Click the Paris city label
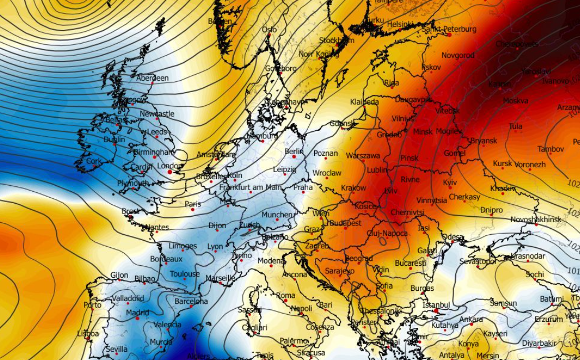pyautogui.click(x=193, y=204)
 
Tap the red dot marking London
pyautogui.click(x=169, y=172)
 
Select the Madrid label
pyautogui.click(x=137, y=313)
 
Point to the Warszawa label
pyautogui.click(x=363, y=156)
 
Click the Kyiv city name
pyautogui.click(x=450, y=182)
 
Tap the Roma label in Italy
pyautogui.click(x=285, y=296)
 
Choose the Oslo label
pyautogui.click(x=269, y=30)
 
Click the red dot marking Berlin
pyautogui.click(x=294, y=157)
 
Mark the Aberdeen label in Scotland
pyautogui.click(x=152, y=78)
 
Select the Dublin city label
pyautogui.click(x=114, y=139)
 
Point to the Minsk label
pyautogui.click(x=423, y=132)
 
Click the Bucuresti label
pyautogui.click(x=411, y=263)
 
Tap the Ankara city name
pyautogui.click(x=471, y=320)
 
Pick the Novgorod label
pyautogui.click(x=457, y=56)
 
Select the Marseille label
pyautogui.click(x=221, y=278)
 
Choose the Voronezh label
pyautogui.click(x=530, y=164)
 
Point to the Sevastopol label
pyautogui.click(x=477, y=261)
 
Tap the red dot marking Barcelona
pyautogui.click(x=192, y=307)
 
